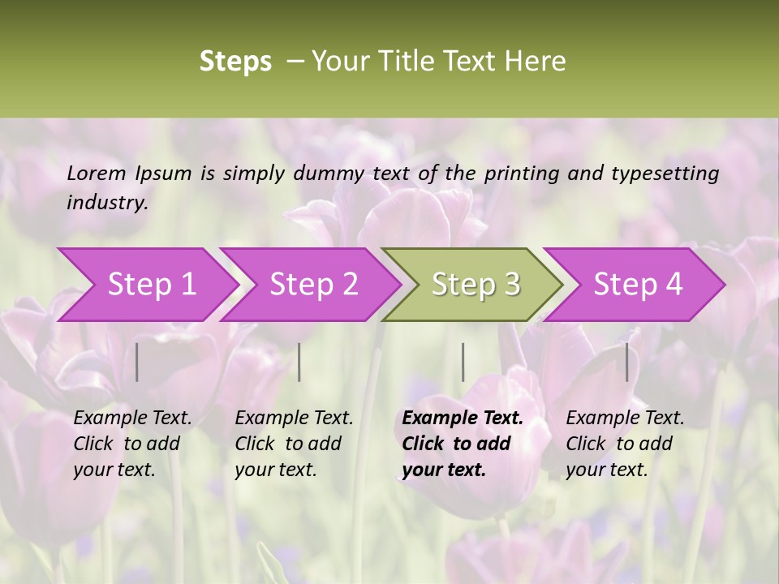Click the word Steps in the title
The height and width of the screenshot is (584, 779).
point(235,62)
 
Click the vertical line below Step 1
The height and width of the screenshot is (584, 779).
point(137,362)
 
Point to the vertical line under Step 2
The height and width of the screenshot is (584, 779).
point(299,362)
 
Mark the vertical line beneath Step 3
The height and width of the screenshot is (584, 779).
point(463,362)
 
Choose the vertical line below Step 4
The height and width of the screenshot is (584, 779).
point(626,362)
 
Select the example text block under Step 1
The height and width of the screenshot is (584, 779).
point(132,444)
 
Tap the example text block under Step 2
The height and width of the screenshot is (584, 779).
point(294,444)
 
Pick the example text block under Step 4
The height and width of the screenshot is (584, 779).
point(625,444)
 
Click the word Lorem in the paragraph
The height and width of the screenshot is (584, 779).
point(96,174)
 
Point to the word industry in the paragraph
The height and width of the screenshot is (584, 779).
point(107,203)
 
